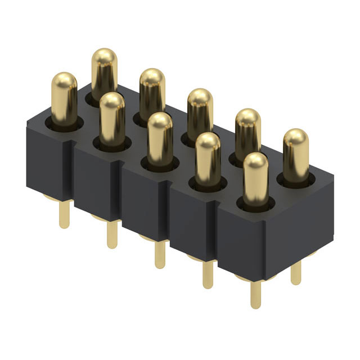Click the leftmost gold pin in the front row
pos(65,98)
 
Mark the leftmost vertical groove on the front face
pos(74,174)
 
